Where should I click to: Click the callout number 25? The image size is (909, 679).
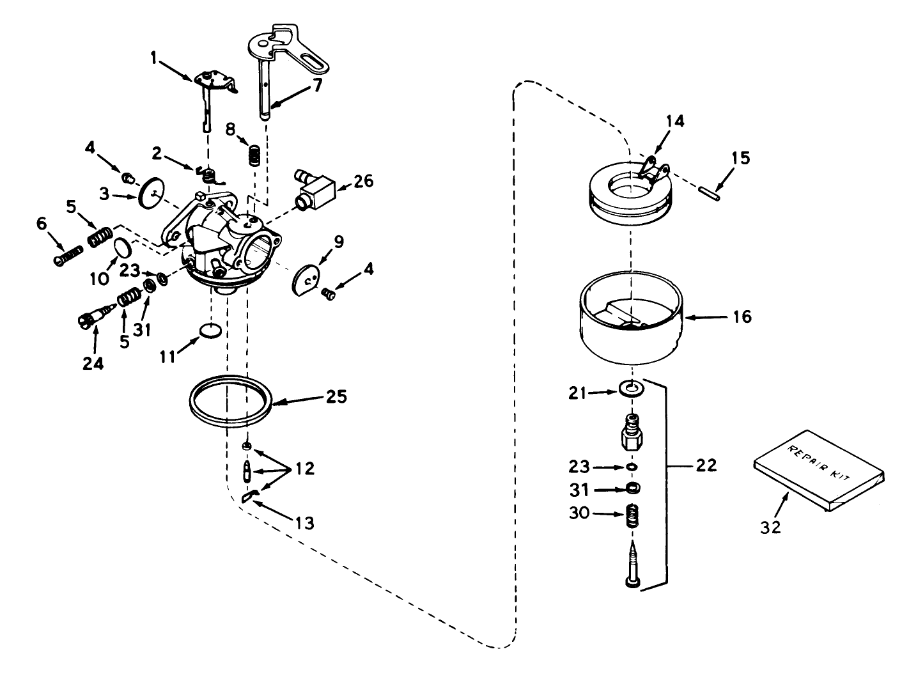[336, 396]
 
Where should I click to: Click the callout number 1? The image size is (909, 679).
[153, 58]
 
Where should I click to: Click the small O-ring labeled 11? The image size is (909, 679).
[210, 331]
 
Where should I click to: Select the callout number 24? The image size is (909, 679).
[93, 363]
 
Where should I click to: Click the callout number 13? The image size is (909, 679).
[305, 523]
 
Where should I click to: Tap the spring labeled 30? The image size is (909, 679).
[632, 515]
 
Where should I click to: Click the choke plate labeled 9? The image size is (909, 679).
[306, 281]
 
